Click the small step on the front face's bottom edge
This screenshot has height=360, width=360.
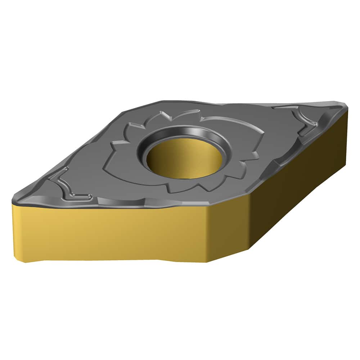pyautogui.click(x=158, y=259)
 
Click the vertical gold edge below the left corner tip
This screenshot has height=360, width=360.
pyautogui.click(x=14, y=230)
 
